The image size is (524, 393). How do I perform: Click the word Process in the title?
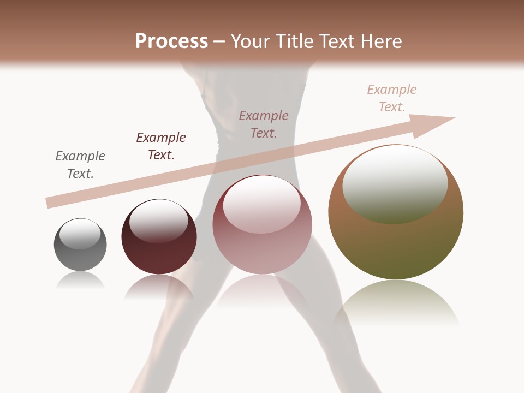pos(171,41)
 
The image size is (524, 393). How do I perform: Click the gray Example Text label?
pos(80,165)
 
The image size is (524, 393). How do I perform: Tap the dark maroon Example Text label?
pos(161,146)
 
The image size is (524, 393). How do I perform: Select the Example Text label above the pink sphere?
pos(264,124)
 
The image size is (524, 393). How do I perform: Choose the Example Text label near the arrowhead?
pos(392,98)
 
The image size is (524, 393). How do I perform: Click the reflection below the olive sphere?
pos(396,303)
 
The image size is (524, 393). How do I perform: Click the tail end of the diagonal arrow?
pos(50,203)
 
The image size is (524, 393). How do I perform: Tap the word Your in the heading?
pos(251,41)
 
